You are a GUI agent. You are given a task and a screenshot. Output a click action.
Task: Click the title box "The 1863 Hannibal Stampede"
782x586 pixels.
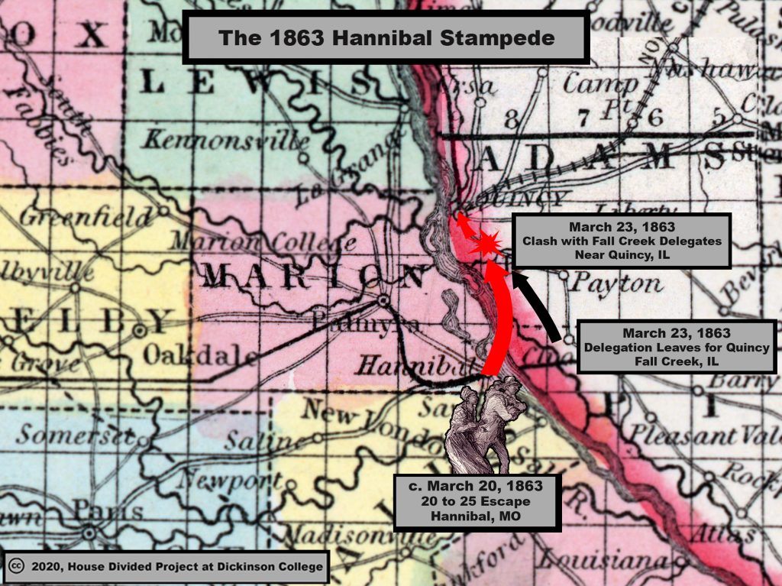(386, 37)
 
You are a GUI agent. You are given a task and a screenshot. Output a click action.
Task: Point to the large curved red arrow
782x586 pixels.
(500, 321)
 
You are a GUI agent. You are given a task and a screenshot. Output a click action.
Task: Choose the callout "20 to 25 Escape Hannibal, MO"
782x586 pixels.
(477, 503)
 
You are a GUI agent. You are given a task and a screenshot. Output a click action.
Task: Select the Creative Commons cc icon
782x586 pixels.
(16, 567)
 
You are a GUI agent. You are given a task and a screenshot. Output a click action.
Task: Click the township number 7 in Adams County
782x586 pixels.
(584, 116)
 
